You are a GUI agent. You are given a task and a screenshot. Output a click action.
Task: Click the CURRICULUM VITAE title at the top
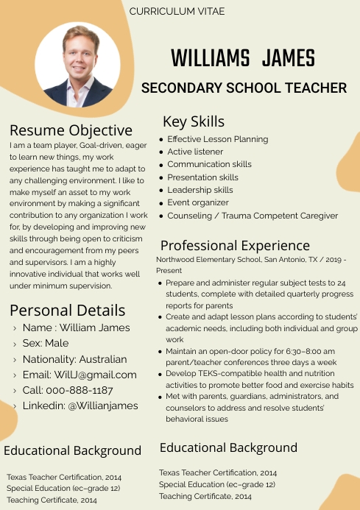click(177, 12)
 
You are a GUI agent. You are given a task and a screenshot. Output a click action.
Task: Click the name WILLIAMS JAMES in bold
click(242, 57)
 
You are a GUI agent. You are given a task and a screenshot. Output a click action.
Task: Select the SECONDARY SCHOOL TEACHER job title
click(244, 88)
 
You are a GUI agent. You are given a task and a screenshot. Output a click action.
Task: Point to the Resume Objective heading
click(71, 130)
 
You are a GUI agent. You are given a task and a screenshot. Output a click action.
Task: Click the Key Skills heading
click(194, 121)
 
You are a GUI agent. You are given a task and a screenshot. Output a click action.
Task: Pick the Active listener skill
click(195, 152)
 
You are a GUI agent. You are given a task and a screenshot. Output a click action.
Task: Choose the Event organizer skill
click(198, 203)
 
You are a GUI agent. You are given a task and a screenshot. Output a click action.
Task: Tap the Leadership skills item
click(200, 190)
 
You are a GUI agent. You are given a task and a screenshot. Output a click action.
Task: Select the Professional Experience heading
click(235, 246)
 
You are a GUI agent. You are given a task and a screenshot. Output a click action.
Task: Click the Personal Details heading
click(68, 310)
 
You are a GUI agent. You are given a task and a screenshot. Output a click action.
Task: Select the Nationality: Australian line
click(74, 359)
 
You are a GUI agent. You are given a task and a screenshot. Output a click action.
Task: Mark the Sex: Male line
click(46, 343)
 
